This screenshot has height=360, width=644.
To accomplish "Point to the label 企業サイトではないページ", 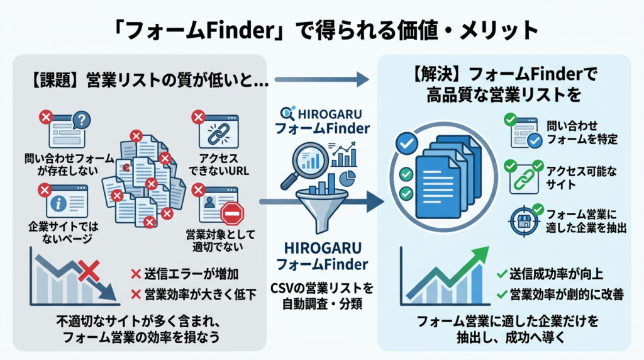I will [60, 231].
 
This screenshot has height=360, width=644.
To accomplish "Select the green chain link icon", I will [521, 177].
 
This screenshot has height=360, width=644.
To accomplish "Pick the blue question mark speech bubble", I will [81, 120].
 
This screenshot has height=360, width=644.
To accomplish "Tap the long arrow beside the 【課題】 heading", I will [321, 79].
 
